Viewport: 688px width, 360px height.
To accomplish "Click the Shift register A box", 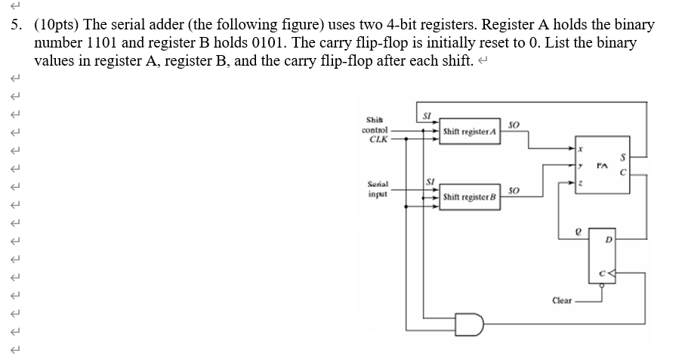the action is click(x=470, y=131).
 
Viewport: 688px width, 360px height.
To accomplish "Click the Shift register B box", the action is click(x=470, y=197).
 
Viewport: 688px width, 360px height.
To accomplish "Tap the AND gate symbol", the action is click(x=470, y=325).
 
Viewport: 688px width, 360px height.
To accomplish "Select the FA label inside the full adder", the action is click(x=603, y=166).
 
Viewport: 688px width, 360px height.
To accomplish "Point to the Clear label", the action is click(x=562, y=300).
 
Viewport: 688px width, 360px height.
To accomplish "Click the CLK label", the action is click(x=378, y=140).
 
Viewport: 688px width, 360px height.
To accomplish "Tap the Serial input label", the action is click(x=378, y=189).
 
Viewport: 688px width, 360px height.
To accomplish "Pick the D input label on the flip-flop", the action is click(x=609, y=239).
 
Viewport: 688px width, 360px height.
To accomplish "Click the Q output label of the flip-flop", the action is click(x=578, y=232).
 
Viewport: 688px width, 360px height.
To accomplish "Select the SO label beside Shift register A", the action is click(x=514, y=125).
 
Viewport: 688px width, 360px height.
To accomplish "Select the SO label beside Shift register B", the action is click(x=514, y=191).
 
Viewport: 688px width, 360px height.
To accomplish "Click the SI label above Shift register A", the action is click(x=427, y=115).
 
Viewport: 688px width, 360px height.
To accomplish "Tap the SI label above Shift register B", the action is click(x=430, y=181).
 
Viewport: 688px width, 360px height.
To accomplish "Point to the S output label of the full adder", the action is click(x=622, y=157).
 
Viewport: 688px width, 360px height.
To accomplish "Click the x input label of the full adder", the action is click(x=580, y=149).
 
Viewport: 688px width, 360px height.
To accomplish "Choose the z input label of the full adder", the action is click(x=580, y=183).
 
